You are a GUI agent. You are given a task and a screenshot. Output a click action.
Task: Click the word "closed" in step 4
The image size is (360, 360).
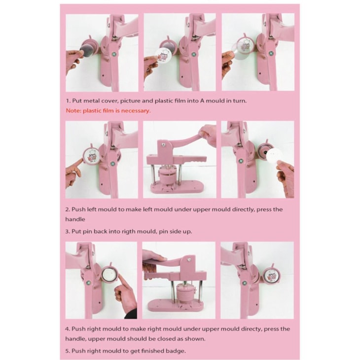click(x=165, y=339)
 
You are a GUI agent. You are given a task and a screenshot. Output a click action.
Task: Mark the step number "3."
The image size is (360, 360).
click(x=68, y=231)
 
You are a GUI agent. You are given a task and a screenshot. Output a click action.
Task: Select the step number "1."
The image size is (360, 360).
click(x=68, y=101)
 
